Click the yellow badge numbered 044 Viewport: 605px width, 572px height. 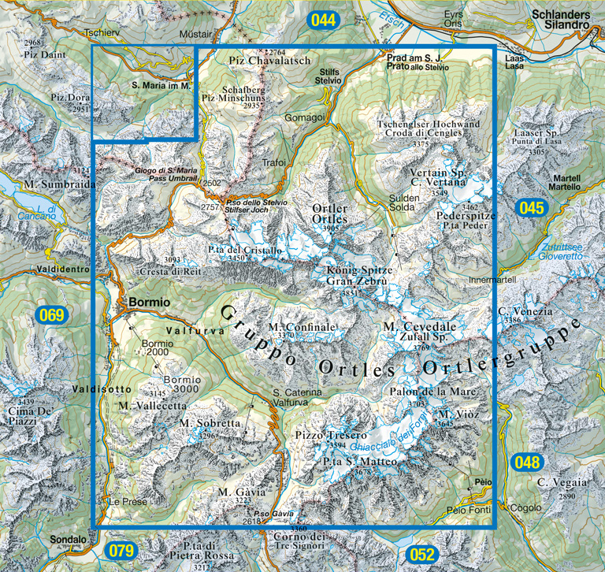coord(323,20)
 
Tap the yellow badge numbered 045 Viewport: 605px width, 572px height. coord(531,208)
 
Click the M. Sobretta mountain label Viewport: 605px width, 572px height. coord(209,423)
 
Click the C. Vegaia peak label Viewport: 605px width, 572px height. coord(562,482)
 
